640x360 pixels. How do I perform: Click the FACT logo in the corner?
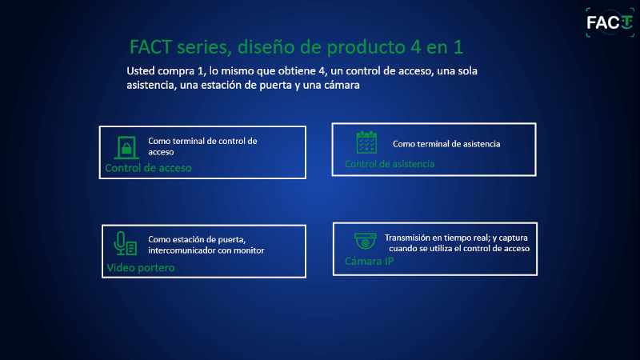click(x=610, y=22)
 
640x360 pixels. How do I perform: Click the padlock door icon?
click(x=126, y=147)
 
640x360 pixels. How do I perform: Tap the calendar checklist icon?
click(x=366, y=142)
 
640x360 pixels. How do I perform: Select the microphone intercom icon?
click(x=126, y=243)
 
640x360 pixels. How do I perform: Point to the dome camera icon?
click(x=366, y=241)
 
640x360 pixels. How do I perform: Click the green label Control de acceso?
click(x=148, y=168)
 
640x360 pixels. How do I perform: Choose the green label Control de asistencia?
click(x=390, y=164)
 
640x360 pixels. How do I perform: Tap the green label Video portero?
click(x=141, y=268)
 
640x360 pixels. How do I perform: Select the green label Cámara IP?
click(x=370, y=262)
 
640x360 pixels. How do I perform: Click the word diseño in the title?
click(x=266, y=47)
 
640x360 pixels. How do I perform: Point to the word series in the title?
click(x=204, y=47)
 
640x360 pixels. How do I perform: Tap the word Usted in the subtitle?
click(x=141, y=71)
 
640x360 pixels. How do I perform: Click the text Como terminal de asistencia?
click(x=446, y=144)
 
